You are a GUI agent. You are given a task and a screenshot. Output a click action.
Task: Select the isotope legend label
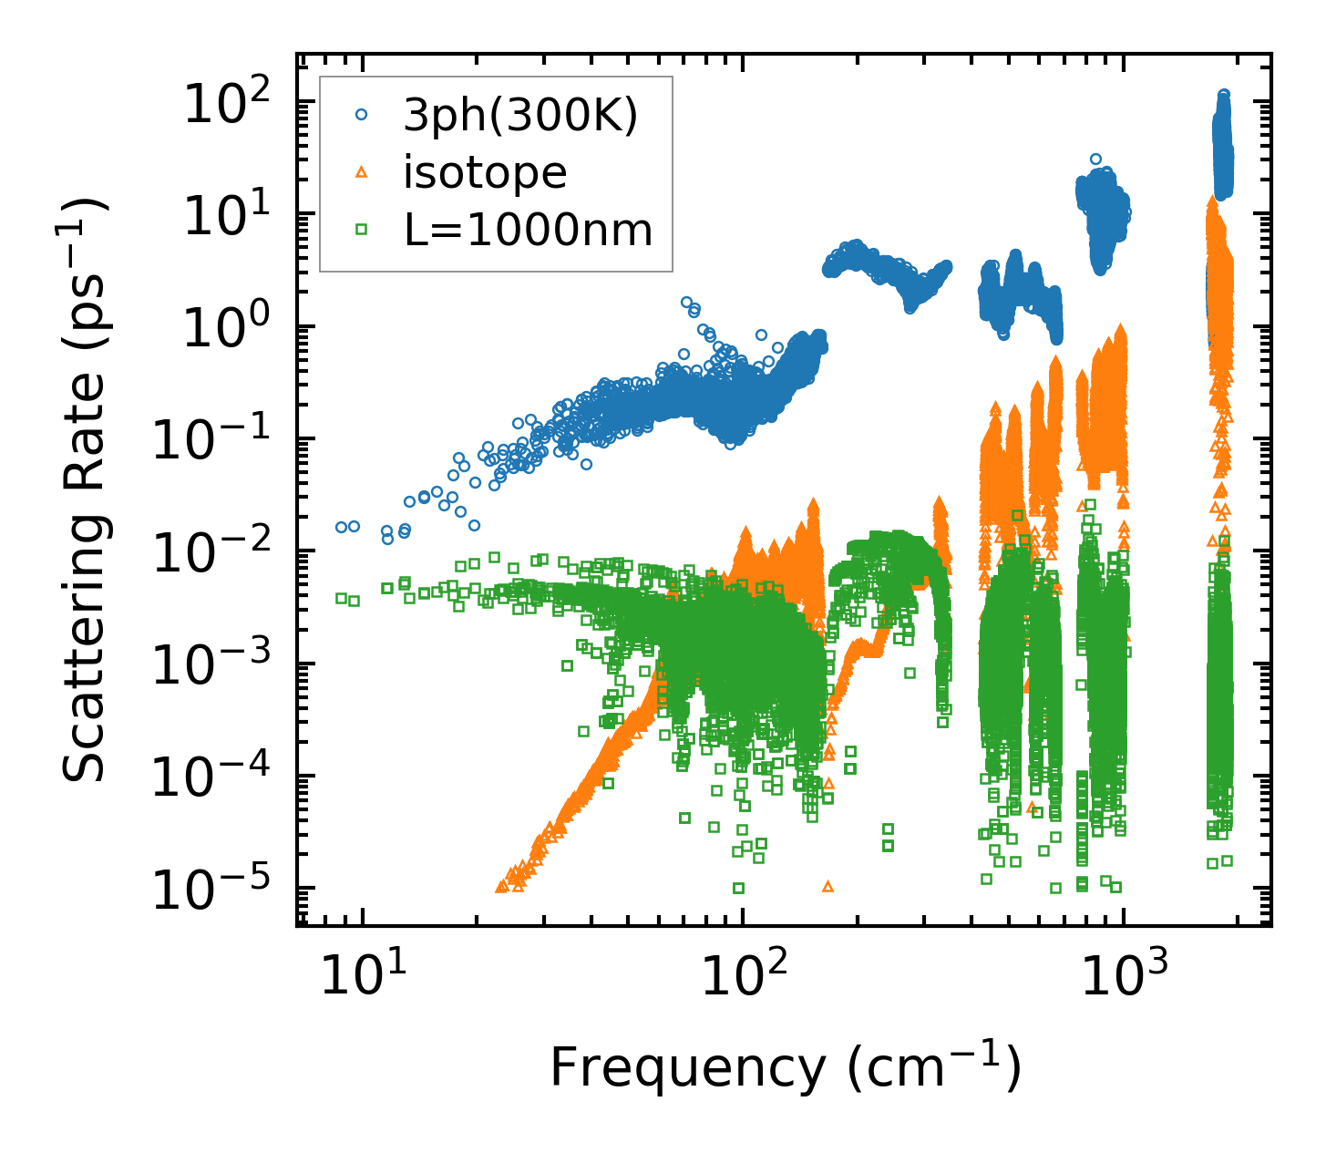(485, 172)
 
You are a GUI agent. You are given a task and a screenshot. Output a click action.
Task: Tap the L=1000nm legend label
(529, 230)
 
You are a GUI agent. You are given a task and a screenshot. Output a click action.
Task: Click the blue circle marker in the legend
(362, 116)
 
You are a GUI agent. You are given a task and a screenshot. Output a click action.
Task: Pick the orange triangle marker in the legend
(362, 172)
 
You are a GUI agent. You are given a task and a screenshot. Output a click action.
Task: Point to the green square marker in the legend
(362, 230)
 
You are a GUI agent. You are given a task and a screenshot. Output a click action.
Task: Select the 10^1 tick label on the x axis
(361, 975)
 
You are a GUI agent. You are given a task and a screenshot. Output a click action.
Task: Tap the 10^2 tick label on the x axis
(743, 975)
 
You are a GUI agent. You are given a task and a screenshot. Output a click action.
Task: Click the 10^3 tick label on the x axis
(1125, 975)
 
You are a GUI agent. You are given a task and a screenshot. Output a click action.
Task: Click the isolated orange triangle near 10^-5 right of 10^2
(827, 886)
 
